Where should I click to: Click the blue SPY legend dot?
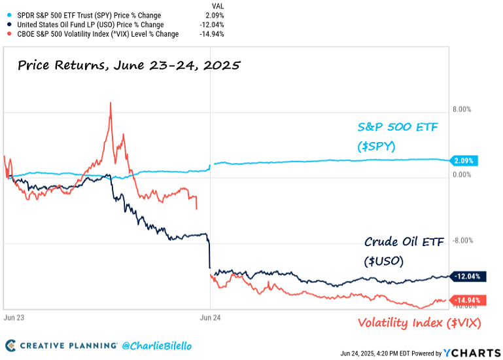[6, 15]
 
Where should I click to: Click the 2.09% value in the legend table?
[214, 15]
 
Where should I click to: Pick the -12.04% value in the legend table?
[212, 24]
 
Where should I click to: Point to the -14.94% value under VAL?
[212, 33]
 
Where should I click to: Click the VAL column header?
[218, 6]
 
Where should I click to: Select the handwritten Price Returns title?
[129, 65]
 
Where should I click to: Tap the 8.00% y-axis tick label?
[461, 110]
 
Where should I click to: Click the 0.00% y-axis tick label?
[461, 175]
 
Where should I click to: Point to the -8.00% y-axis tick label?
[461, 240]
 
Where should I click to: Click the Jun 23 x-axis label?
[14, 317]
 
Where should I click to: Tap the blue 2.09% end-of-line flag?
[466, 160]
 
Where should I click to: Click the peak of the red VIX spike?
[111, 103]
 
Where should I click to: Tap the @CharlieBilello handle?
[157, 345]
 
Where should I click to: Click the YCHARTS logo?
[471, 353]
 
